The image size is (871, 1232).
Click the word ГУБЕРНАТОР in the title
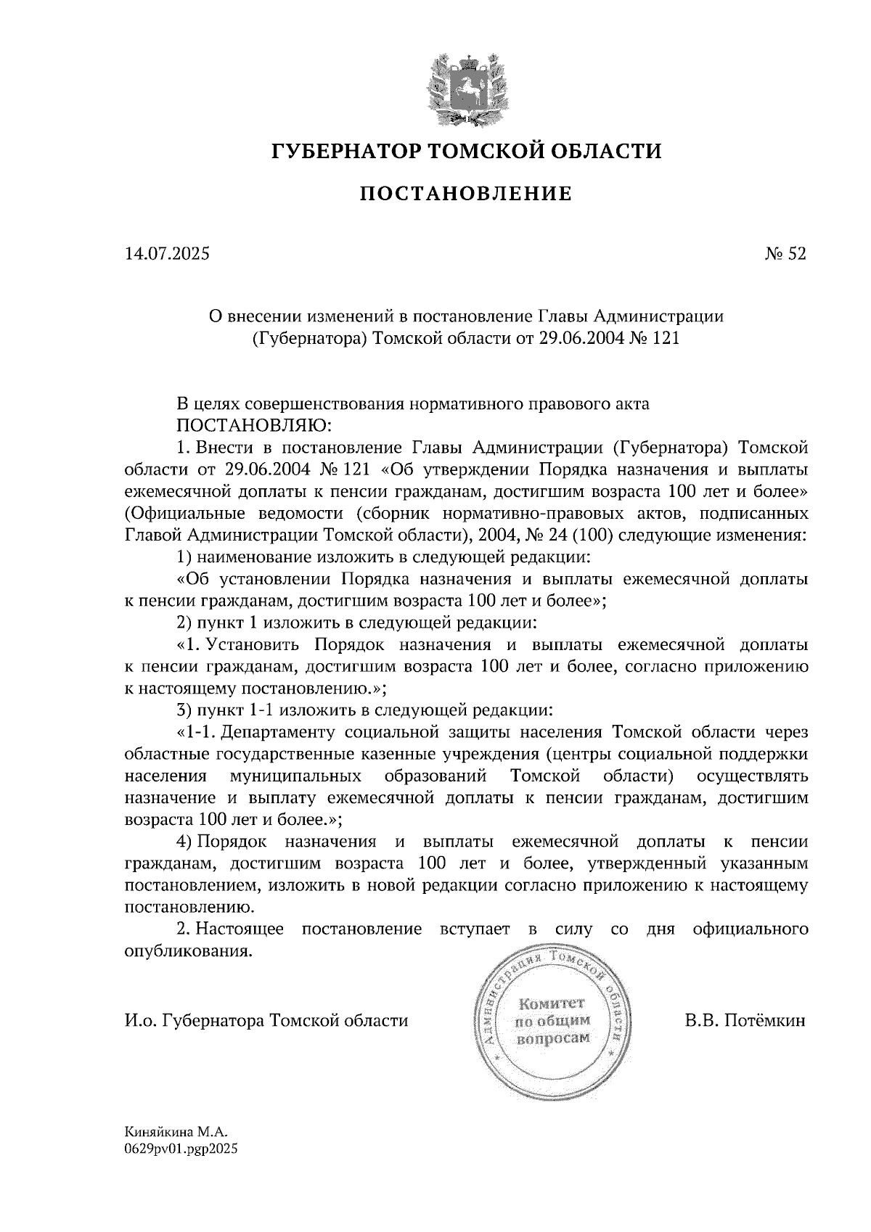[x=344, y=152]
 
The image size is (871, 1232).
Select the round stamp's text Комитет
[x=552, y=1003]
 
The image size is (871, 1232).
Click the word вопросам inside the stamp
[x=552, y=1038]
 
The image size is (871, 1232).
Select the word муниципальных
[x=296, y=776]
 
